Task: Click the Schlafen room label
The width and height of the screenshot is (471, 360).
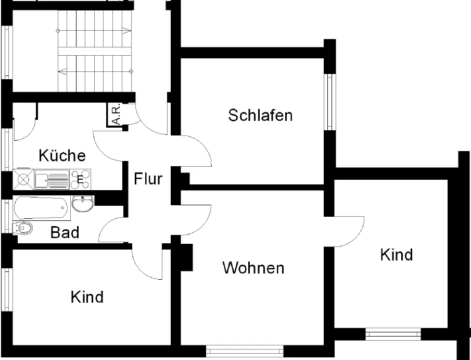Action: pyautogui.click(x=260, y=115)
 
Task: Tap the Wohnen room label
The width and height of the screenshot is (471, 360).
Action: pyautogui.click(x=253, y=268)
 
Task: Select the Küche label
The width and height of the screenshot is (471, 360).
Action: pyautogui.click(x=62, y=155)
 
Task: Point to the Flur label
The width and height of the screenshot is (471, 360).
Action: pyautogui.click(x=148, y=179)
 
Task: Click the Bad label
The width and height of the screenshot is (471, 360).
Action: pyautogui.click(x=65, y=232)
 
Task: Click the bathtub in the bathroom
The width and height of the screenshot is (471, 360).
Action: pyautogui.click(x=42, y=208)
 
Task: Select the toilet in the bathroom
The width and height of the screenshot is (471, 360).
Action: pyautogui.click(x=24, y=227)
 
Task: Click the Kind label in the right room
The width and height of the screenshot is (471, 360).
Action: pyautogui.click(x=397, y=255)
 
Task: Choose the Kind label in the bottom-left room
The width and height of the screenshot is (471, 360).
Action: pyautogui.click(x=87, y=297)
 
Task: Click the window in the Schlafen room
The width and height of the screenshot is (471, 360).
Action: pyautogui.click(x=329, y=102)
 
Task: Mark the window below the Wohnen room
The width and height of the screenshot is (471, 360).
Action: pyautogui.click(x=245, y=351)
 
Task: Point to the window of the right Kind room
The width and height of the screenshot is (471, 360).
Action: pyautogui.click(x=393, y=334)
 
